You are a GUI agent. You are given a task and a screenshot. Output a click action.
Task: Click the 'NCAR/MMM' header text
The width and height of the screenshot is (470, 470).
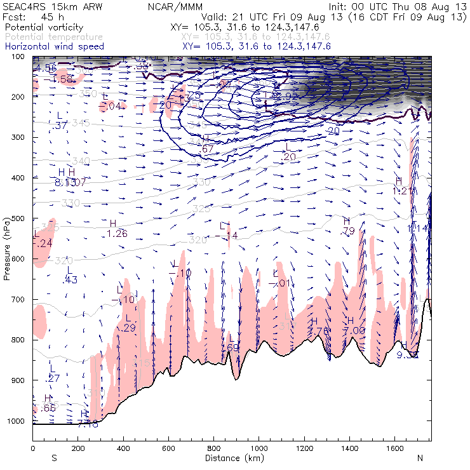tap(177, 6)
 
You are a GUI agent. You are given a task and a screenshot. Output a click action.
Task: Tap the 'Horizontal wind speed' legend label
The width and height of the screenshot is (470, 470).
tap(53, 47)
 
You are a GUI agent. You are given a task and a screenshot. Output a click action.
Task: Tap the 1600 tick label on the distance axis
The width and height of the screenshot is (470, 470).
tap(395, 448)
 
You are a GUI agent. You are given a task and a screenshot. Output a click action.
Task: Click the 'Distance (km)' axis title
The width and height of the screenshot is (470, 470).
tap(232, 458)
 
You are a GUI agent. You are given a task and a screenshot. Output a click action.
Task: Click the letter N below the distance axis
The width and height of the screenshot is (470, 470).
tap(420, 457)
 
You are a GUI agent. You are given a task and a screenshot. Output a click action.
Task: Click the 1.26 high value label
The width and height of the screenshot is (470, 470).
tap(117, 234)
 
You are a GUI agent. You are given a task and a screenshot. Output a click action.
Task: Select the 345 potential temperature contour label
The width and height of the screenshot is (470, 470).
tap(81, 123)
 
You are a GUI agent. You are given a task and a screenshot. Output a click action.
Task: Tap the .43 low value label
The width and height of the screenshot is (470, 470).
tap(70, 280)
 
